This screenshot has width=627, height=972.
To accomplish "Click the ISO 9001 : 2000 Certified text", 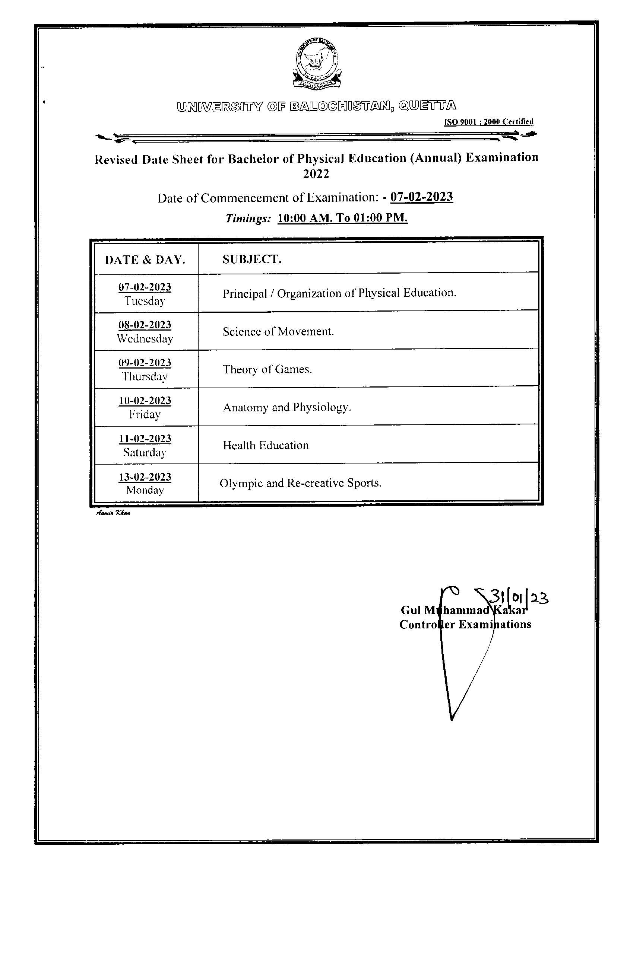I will coord(488,122).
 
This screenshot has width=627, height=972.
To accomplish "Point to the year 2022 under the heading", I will coord(316,174).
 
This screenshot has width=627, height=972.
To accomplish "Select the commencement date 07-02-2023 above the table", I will coord(421,197).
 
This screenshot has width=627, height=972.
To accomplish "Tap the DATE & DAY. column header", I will coord(145,259).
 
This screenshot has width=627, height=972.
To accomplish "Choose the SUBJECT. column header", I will coord(251,259).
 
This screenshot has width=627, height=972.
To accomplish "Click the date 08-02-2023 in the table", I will coord(145,325).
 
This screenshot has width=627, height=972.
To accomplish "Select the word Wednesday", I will coord(145,338).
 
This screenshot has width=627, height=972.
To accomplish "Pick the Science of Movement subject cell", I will coord(278,332).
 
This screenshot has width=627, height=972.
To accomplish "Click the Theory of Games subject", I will coord(267,369).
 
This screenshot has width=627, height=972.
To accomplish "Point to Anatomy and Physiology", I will coord(286,407).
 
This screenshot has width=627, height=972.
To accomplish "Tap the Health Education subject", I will coord(266,445).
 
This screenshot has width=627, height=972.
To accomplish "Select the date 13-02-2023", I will coord(145,477).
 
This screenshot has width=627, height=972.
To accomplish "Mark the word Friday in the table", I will coord(145,414).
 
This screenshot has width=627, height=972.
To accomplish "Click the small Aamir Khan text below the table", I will coord(113,513).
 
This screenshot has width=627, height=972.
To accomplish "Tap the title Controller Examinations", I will coord(465,625).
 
